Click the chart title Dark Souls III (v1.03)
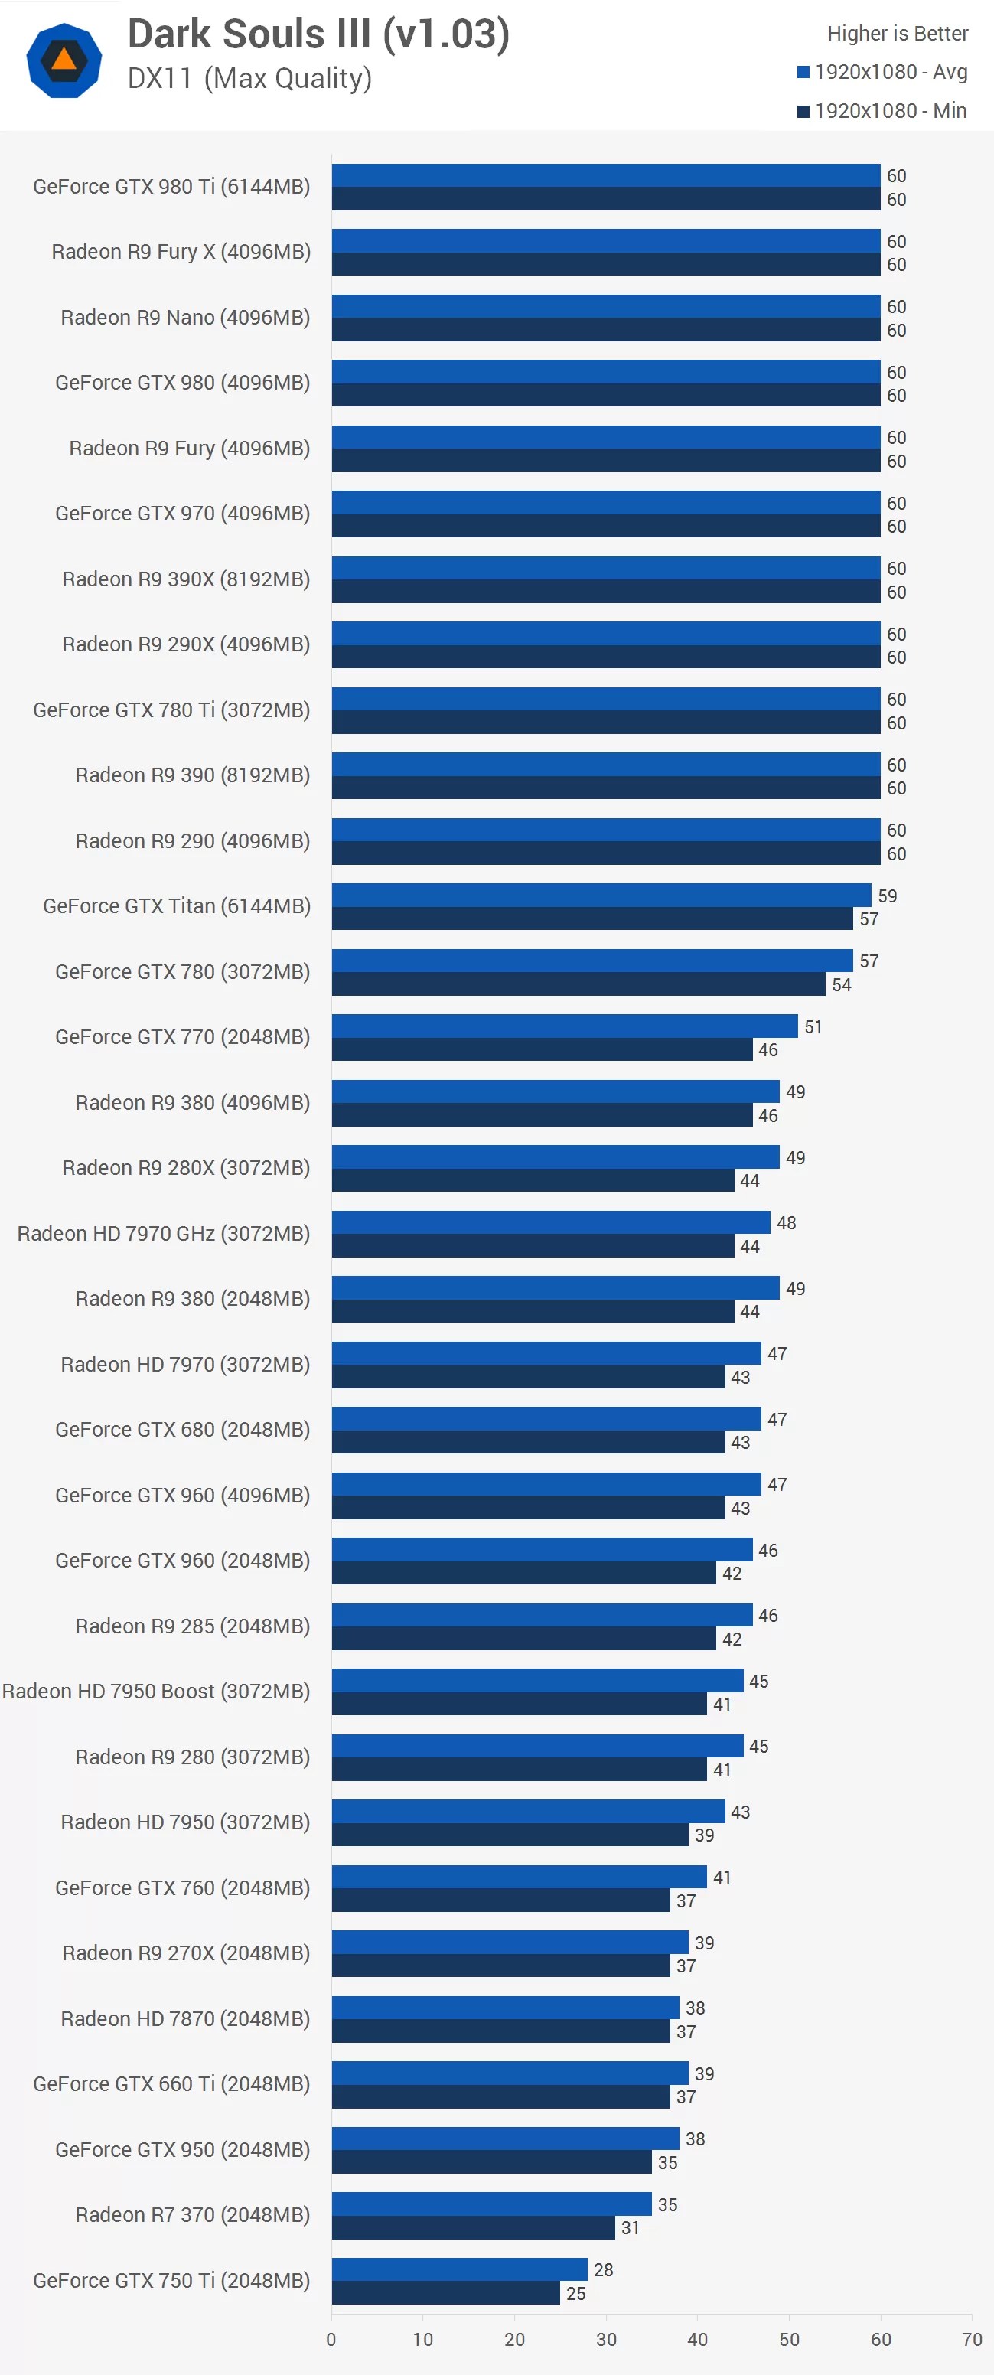(318, 34)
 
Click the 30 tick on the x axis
(606, 2338)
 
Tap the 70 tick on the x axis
(971, 2338)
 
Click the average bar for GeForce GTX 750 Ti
(459, 2268)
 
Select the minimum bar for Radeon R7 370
(473, 2227)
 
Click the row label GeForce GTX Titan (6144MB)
(176, 905)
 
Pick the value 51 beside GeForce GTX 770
(813, 1026)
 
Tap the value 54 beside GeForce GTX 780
(841, 984)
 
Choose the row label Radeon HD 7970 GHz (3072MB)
(163, 1233)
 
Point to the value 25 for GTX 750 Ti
(575, 2292)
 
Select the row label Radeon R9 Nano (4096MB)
(184, 317)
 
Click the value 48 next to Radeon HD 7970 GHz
(786, 1222)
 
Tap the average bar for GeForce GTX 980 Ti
(606, 175)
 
